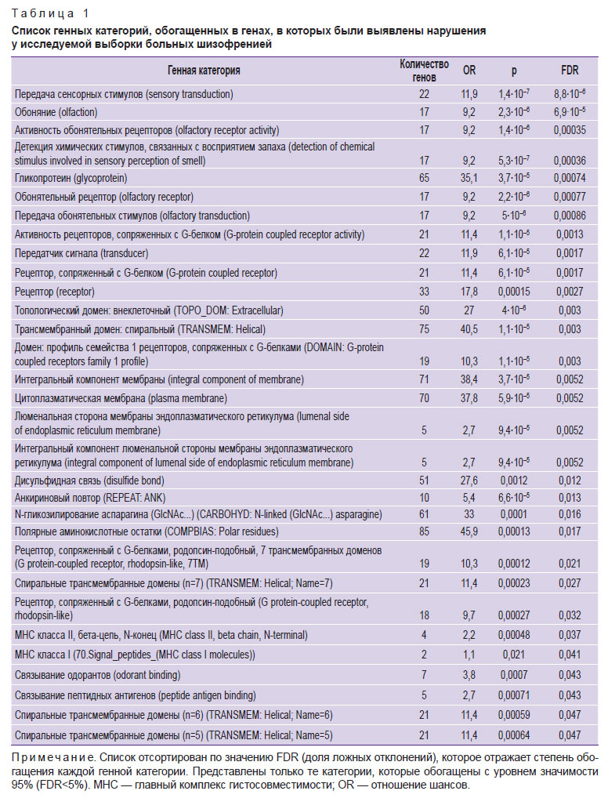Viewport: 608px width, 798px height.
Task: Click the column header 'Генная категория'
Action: pyautogui.click(x=204, y=71)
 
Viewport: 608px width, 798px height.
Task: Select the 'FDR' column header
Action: pyautogui.click(x=570, y=71)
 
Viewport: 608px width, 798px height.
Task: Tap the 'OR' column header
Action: pyautogui.click(x=469, y=71)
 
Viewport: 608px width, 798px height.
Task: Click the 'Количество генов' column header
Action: pyautogui.click(x=424, y=71)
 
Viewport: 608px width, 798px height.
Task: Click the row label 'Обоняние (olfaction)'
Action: pyautogui.click(x=56, y=112)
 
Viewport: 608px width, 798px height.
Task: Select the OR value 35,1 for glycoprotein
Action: pyautogui.click(x=469, y=178)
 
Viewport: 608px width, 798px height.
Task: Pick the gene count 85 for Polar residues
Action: pyautogui.click(x=424, y=531)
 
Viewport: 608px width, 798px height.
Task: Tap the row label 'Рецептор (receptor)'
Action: pyautogui.click(x=54, y=292)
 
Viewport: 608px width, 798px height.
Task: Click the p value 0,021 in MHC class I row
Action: pyautogui.click(x=513, y=655)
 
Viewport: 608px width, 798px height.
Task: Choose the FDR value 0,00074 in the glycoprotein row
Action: pyautogui.click(x=570, y=178)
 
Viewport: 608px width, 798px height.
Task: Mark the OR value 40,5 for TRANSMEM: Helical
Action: pyautogui.click(x=469, y=329)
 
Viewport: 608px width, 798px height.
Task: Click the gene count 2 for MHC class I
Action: pyautogui.click(x=424, y=655)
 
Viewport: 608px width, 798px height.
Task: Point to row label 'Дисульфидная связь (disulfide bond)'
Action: pyautogui.click(x=89, y=481)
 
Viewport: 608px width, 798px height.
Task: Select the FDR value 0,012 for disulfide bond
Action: pyautogui.click(x=570, y=481)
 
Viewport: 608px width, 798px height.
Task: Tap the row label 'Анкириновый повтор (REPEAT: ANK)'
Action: pyautogui.click(x=90, y=498)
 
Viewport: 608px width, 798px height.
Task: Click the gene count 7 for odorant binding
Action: pyautogui.click(x=424, y=675)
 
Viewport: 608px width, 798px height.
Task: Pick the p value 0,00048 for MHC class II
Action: pyautogui.click(x=515, y=635)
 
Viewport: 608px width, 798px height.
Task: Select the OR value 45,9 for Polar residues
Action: pyautogui.click(x=469, y=531)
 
